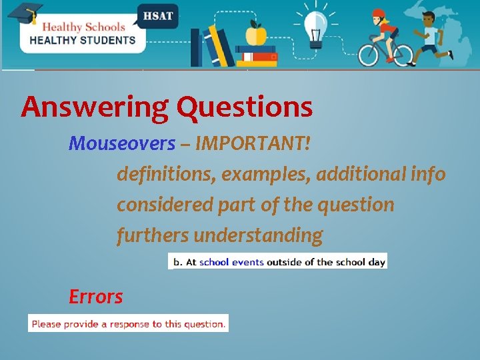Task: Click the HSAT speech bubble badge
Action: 157,15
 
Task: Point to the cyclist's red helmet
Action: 379,14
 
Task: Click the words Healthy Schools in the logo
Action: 83,27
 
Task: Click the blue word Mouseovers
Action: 122,143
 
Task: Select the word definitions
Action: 166,174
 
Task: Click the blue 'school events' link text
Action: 231,262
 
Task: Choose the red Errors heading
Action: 95,297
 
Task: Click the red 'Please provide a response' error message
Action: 128,324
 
